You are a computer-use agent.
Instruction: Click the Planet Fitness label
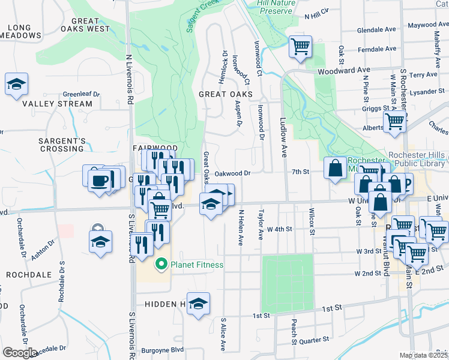[x=196, y=265]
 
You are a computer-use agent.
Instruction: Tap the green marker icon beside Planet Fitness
[x=161, y=264]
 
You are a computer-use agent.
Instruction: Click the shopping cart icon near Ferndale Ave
[x=300, y=46]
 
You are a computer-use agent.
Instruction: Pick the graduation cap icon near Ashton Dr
[x=100, y=242]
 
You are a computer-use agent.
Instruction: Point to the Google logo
[x=20, y=352]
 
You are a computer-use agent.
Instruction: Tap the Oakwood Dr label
[x=232, y=173]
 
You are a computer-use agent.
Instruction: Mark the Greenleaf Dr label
[x=81, y=94]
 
